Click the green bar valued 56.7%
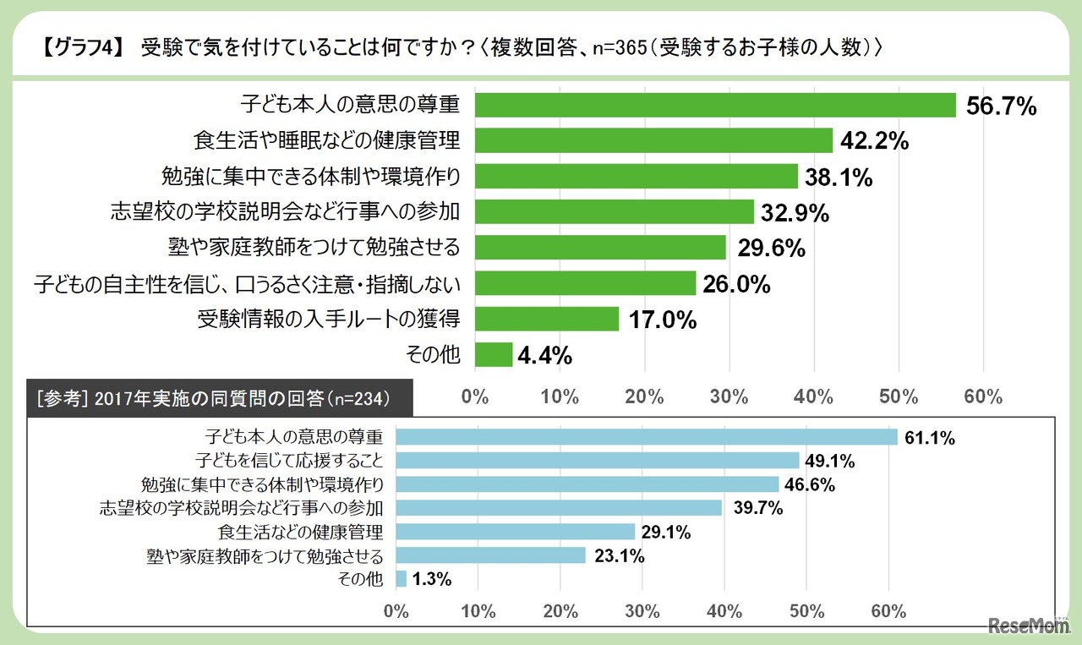[715, 105]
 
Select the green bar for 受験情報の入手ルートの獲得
[547, 319]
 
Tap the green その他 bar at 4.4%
[494, 354]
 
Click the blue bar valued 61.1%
[646, 437]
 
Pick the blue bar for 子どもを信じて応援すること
[597, 461]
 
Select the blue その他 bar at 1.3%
[402, 579]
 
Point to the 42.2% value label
[875, 141]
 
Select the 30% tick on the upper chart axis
[730, 396]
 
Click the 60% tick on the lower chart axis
[888, 610]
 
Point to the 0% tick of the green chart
[475, 396]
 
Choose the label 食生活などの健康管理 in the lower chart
[300, 532]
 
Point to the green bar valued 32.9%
[615, 212]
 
